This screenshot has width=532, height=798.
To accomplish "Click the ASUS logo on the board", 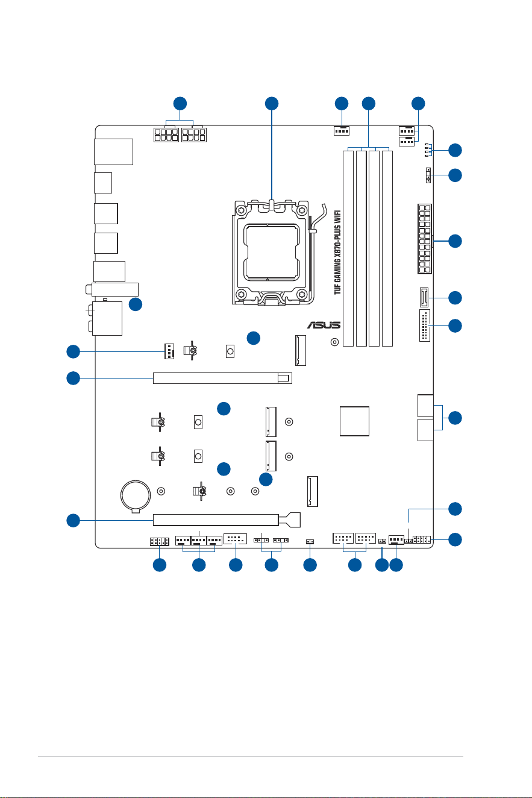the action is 324,325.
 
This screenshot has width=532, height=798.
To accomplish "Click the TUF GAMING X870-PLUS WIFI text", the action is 337,252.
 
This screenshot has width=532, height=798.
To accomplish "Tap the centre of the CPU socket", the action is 271,251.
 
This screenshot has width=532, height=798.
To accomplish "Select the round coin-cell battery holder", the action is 136,495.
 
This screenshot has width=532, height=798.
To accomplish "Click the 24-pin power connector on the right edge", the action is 425,239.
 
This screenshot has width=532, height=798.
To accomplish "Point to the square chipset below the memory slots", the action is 354,421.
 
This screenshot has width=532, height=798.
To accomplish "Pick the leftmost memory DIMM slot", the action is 348,248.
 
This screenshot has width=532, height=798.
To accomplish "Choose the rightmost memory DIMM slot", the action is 387,248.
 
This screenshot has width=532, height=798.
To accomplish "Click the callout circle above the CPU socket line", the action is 272,104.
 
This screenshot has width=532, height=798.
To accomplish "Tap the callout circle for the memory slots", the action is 369,104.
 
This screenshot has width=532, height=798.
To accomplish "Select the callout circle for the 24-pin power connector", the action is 455,241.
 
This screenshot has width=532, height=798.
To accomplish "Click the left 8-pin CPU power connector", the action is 166,135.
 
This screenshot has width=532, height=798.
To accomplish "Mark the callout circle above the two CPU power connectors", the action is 180,104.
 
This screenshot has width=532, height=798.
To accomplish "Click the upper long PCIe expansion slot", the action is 222,378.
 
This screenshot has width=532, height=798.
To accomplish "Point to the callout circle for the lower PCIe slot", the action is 74,521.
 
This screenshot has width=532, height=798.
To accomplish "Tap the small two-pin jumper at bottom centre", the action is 310,542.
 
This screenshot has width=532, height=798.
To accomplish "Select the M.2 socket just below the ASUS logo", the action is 301,350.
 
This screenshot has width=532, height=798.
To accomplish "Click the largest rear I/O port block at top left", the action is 114,152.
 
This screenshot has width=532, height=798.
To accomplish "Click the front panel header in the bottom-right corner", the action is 422,539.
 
